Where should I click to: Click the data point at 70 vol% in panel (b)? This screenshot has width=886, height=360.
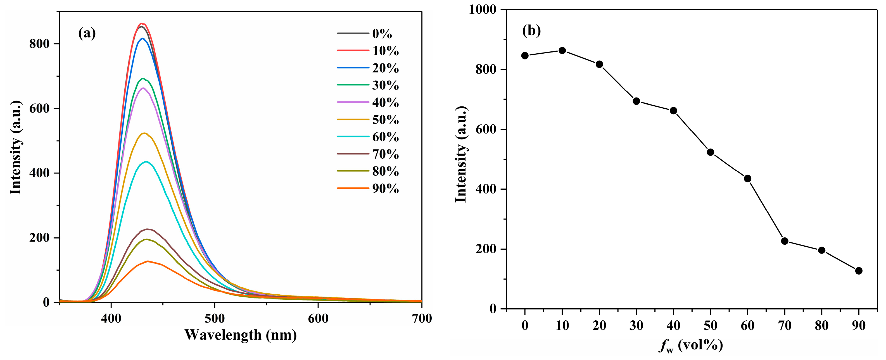pyautogui.click(x=785, y=241)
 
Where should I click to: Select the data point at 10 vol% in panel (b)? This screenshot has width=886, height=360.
pyautogui.click(x=562, y=51)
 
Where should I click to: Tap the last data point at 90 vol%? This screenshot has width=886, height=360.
pyautogui.click(x=859, y=271)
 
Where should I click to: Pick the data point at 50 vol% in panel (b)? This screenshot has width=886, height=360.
pyautogui.click(x=710, y=152)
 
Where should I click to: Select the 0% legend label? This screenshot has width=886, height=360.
pyautogui.click(x=382, y=34)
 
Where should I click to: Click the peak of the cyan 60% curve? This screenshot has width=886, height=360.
pyautogui.click(x=146, y=162)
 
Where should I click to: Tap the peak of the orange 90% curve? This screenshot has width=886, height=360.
pyautogui.click(x=148, y=261)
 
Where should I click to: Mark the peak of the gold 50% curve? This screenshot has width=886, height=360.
pyautogui.click(x=144, y=133)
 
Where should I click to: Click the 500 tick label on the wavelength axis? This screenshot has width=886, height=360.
pyautogui.click(x=215, y=318)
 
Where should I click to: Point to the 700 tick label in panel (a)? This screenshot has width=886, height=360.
pyautogui.click(x=422, y=318)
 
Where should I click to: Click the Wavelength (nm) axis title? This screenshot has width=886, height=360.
pyautogui.click(x=240, y=335)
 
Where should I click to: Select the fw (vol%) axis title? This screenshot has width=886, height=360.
pyautogui.click(x=691, y=345)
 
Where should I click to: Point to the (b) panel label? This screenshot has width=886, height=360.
pyautogui.click(x=531, y=31)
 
